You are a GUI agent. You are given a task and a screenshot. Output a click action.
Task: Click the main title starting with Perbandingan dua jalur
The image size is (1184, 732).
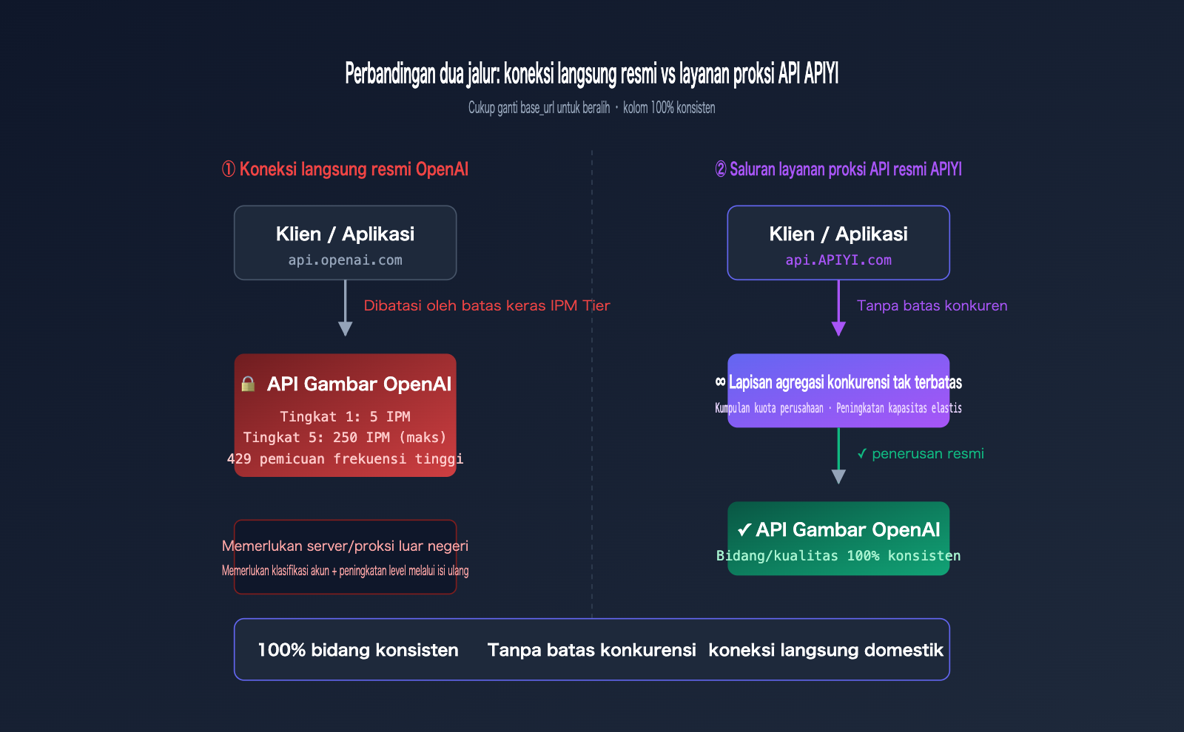591,74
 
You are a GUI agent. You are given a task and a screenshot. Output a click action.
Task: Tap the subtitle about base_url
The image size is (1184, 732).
591,108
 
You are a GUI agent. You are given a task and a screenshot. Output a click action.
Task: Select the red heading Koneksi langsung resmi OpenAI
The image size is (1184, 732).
346,169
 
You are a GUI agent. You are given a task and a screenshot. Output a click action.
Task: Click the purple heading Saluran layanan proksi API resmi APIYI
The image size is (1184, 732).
838,169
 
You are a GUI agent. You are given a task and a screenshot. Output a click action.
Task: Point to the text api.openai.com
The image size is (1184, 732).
345,260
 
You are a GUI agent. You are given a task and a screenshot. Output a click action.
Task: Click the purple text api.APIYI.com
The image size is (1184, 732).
838,260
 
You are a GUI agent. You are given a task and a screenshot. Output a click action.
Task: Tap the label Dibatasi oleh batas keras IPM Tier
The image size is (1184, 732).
486,305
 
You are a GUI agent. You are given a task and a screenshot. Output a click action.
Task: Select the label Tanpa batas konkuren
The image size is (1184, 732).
932,305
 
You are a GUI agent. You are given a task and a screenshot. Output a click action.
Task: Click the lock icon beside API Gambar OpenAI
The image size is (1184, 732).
248,384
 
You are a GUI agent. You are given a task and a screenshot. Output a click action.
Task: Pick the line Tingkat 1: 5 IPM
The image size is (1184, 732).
345,417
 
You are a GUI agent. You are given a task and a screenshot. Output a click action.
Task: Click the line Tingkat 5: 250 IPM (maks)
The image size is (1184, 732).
345,438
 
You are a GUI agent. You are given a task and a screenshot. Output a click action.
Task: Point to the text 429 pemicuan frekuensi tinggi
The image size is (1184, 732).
345,459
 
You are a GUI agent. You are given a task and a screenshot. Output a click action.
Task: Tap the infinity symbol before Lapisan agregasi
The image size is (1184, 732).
720,382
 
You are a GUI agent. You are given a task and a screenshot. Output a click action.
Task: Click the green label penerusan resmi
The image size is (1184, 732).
927,454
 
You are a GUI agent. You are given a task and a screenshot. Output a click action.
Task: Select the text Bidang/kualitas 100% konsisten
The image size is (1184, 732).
838,556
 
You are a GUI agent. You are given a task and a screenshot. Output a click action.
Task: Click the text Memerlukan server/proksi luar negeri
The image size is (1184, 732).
345,546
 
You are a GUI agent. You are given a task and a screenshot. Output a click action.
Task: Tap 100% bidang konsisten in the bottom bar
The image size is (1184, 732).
358,650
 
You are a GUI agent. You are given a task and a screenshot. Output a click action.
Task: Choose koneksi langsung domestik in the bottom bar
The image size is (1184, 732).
826,650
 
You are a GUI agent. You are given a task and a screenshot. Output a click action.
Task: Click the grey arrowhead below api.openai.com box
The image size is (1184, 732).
345,328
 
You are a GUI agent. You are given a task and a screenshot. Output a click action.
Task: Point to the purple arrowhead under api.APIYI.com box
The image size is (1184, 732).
838,328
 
